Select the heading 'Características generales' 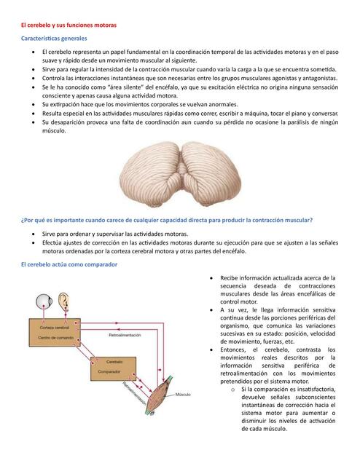(54, 38)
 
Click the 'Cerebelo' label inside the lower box (110, 362)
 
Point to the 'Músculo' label (182, 395)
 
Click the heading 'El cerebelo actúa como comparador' (69, 264)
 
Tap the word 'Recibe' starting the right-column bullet (231, 278)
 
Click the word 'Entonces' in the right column (236, 349)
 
